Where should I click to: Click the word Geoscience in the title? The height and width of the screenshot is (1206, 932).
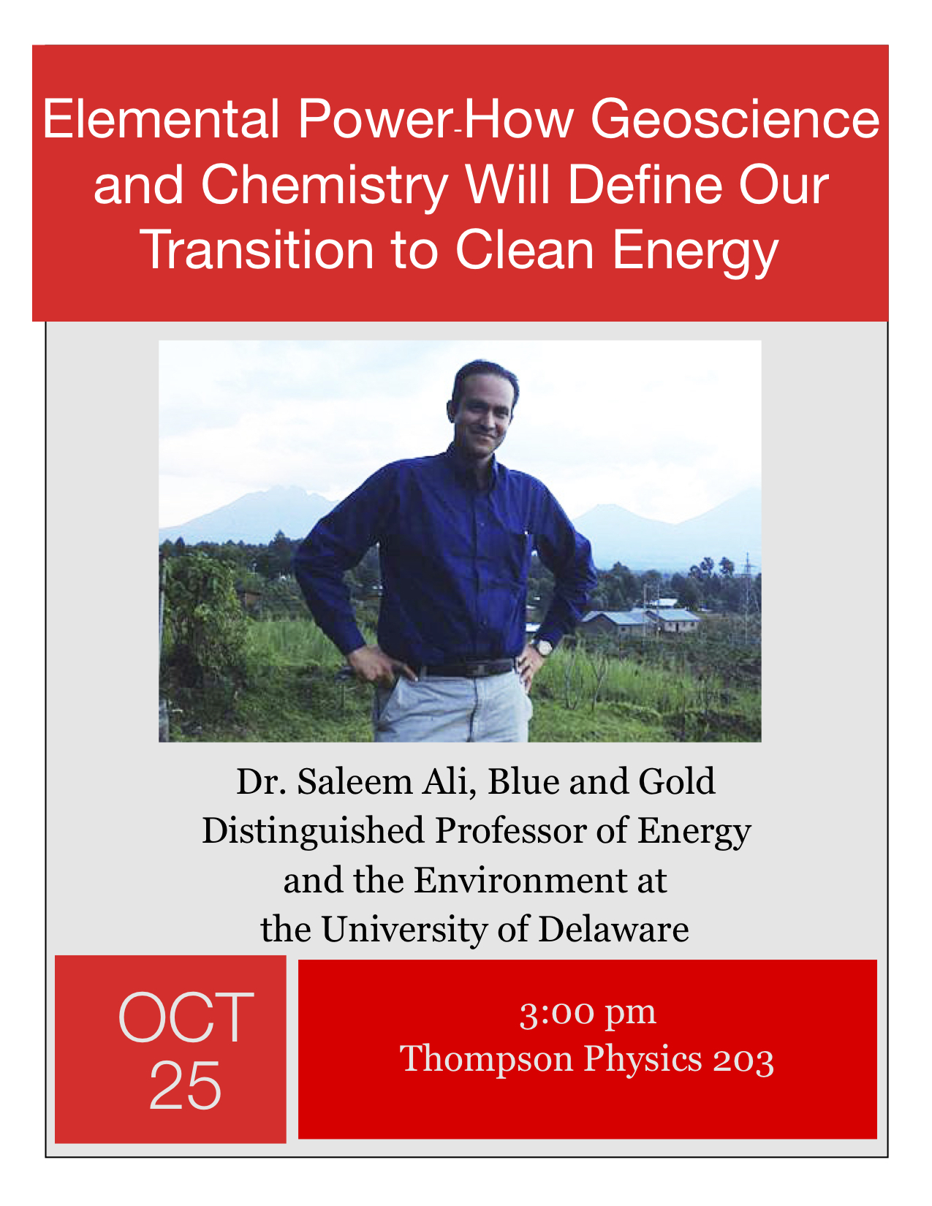point(735,119)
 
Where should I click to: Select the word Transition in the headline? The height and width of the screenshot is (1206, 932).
point(257,250)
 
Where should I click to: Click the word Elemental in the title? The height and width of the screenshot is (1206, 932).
point(160,118)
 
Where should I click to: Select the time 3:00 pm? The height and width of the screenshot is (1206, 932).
point(588,1014)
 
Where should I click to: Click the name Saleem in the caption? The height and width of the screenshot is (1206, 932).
point(355,782)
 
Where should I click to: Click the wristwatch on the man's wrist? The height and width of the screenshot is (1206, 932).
point(543,647)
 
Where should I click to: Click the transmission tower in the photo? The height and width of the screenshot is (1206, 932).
point(747,583)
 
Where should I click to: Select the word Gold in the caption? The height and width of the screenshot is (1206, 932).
point(677,782)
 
